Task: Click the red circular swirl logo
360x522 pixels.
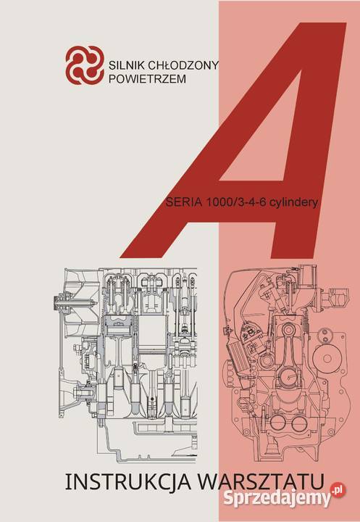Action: click(85, 65)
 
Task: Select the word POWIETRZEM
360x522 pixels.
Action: click(147, 79)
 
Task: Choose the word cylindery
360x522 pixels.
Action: click(293, 202)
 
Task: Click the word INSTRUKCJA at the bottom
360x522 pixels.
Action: click(128, 481)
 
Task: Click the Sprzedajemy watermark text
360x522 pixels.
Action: click(277, 498)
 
